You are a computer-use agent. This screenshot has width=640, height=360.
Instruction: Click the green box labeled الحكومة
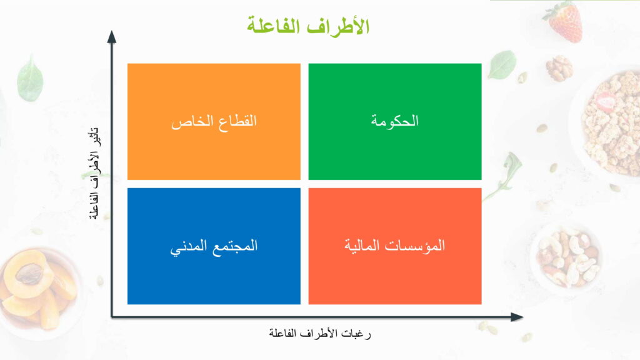[395, 122]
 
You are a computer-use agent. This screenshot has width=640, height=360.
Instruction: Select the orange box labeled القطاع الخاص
[214, 122]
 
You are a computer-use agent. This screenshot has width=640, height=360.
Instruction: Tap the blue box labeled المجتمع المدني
[214, 246]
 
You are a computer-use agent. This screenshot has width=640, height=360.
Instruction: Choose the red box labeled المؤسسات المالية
[395, 246]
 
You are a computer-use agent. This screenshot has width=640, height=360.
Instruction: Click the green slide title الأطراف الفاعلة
[308, 26]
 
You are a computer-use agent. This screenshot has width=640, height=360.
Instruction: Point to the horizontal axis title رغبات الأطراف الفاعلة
[319, 333]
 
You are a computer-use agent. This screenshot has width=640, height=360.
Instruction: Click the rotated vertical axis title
[94, 174]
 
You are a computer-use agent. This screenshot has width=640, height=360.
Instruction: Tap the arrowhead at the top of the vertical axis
[112, 37]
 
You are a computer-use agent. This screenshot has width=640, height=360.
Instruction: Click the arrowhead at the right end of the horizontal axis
[517, 317]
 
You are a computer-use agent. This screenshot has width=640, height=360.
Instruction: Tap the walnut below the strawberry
[559, 68]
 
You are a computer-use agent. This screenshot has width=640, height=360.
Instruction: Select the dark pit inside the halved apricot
[29, 274]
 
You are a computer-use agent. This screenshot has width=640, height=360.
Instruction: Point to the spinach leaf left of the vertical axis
[30, 78]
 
